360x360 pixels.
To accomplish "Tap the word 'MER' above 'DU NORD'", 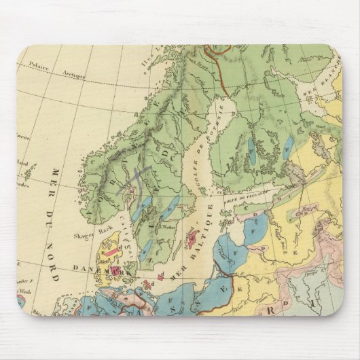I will [56, 180].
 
